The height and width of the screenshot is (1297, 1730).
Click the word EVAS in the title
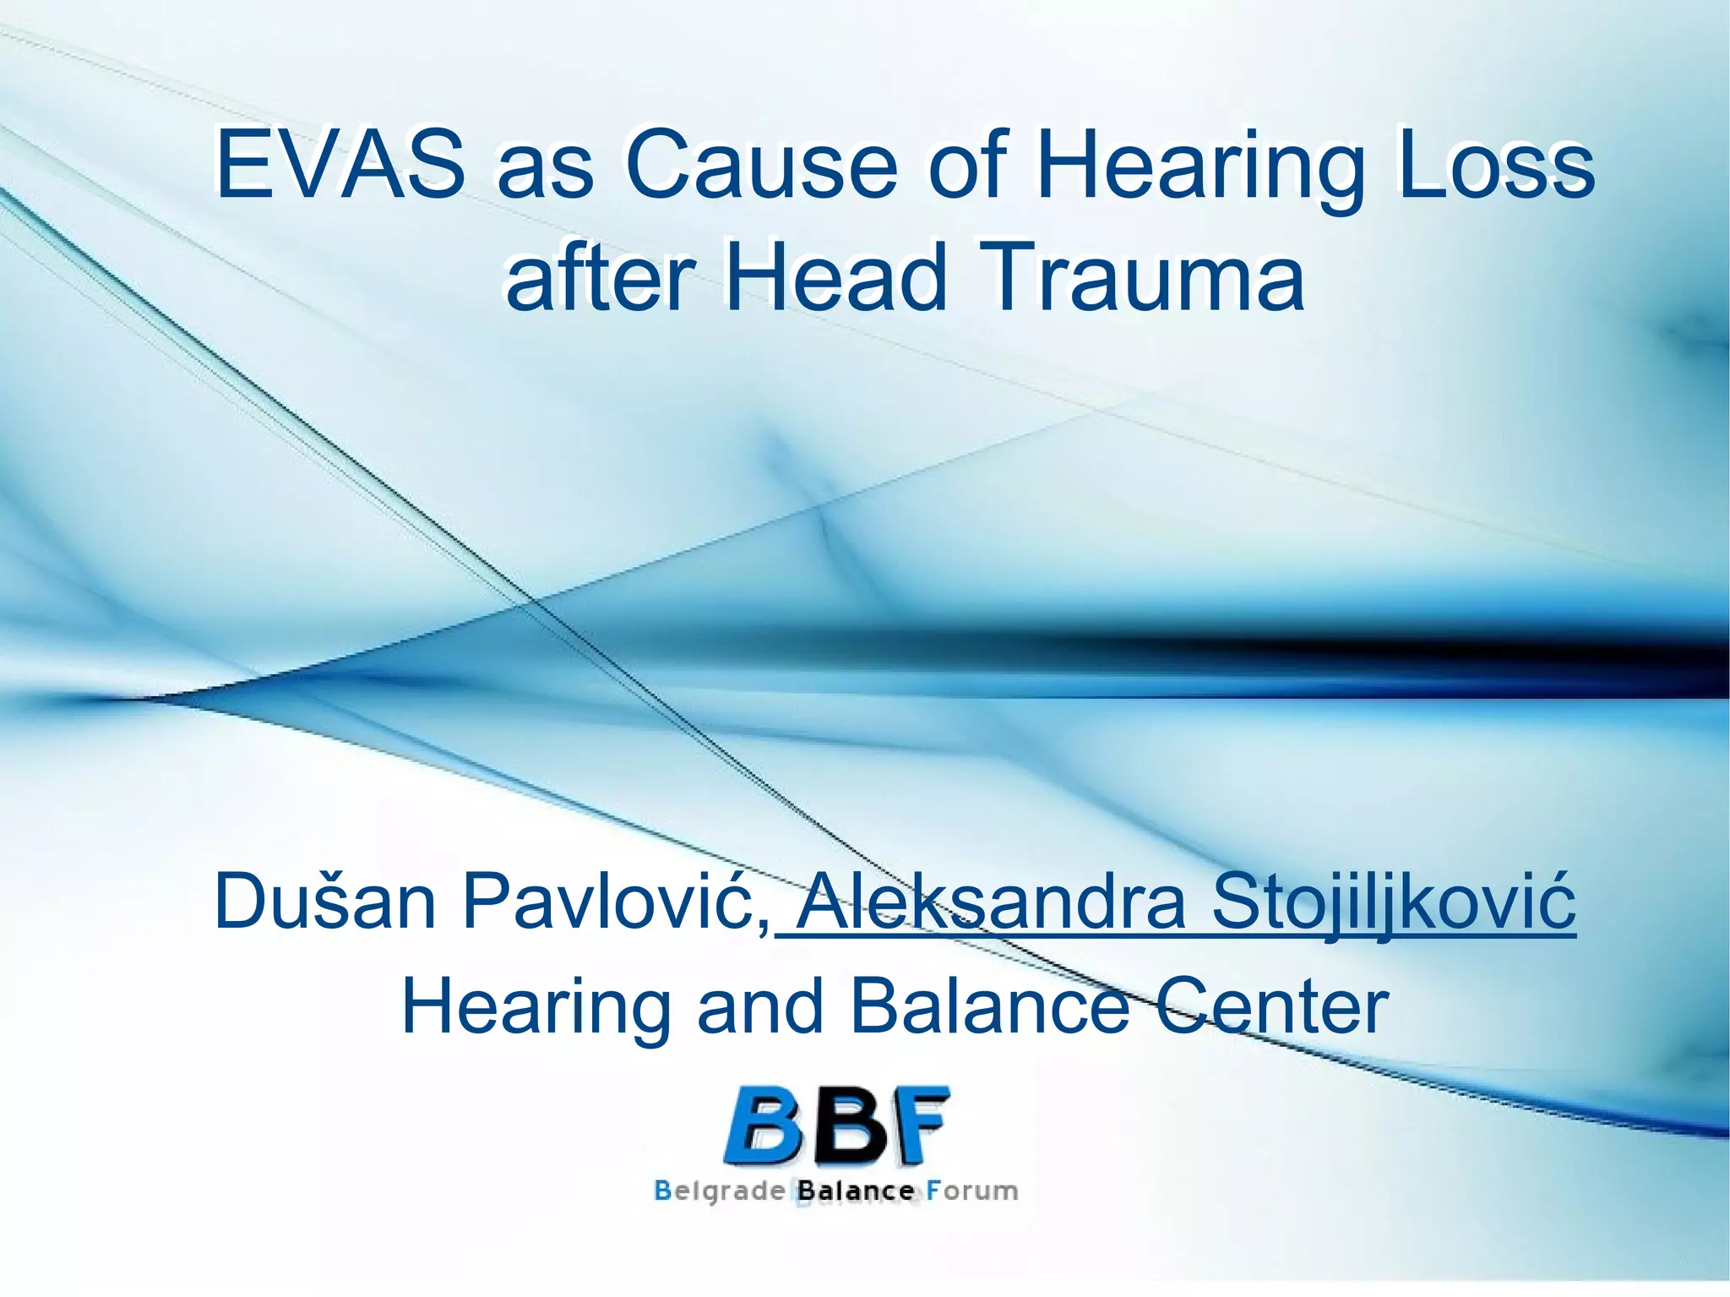[x=338, y=165]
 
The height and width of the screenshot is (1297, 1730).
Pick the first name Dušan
[x=325, y=902]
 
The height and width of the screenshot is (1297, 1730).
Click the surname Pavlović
[x=615, y=902]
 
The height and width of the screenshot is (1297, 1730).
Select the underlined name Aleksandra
[x=993, y=902]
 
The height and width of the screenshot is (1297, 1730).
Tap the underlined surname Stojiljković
[x=1394, y=902]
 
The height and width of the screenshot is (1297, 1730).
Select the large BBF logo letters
[x=836, y=1126]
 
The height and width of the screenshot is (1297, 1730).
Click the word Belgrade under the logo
[x=720, y=1192]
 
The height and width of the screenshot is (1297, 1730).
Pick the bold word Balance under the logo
[x=856, y=1192]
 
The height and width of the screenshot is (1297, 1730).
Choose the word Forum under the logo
[x=971, y=1192]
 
